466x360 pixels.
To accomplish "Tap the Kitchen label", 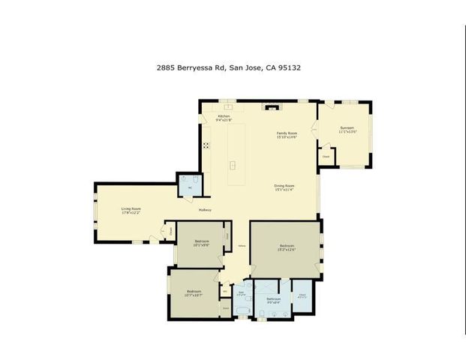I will click(x=224, y=116).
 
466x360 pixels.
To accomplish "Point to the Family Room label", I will click(x=287, y=133).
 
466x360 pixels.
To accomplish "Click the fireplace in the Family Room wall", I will click(x=272, y=106).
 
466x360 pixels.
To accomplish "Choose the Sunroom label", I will click(x=346, y=127).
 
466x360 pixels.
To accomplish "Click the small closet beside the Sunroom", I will click(x=326, y=156).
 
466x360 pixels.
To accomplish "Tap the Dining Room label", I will click(x=284, y=185).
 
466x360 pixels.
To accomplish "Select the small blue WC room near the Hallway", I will click(x=188, y=184).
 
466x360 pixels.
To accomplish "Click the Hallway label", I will click(x=205, y=210).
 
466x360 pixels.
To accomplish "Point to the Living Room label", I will click(x=131, y=209).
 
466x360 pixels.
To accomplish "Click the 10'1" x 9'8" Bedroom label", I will click(x=200, y=241).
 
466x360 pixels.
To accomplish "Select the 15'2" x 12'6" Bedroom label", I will click(x=287, y=246).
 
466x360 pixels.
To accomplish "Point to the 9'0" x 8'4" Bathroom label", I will click(x=273, y=299).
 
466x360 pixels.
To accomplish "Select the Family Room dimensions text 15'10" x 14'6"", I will click(x=287, y=137).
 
